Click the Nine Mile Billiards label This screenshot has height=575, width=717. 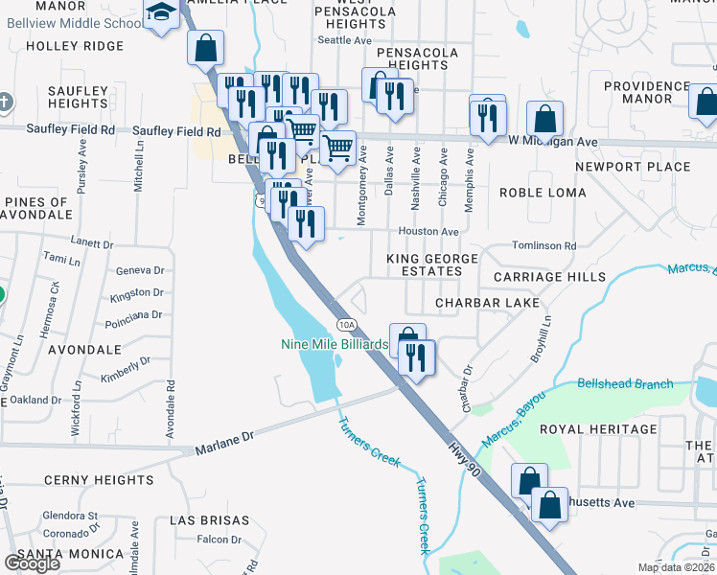pyautogui.click(x=334, y=344)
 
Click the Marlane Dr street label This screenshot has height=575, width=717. pyautogui.click(x=224, y=442)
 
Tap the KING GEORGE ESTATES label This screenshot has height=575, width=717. pyautogui.click(x=431, y=265)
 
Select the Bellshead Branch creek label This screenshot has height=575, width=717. pyautogui.click(x=625, y=383)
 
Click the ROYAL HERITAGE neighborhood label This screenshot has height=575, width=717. pyautogui.click(x=598, y=429)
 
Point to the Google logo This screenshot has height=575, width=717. pyautogui.click(x=32, y=563)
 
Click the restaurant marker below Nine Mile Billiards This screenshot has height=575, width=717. pyautogui.click(x=418, y=358)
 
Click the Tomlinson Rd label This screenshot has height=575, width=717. pyautogui.click(x=544, y=245)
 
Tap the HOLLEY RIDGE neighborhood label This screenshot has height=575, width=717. pyautogui.click(x=75, y=46)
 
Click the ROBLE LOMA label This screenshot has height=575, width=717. pyautogui.click(x=544, y=193)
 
